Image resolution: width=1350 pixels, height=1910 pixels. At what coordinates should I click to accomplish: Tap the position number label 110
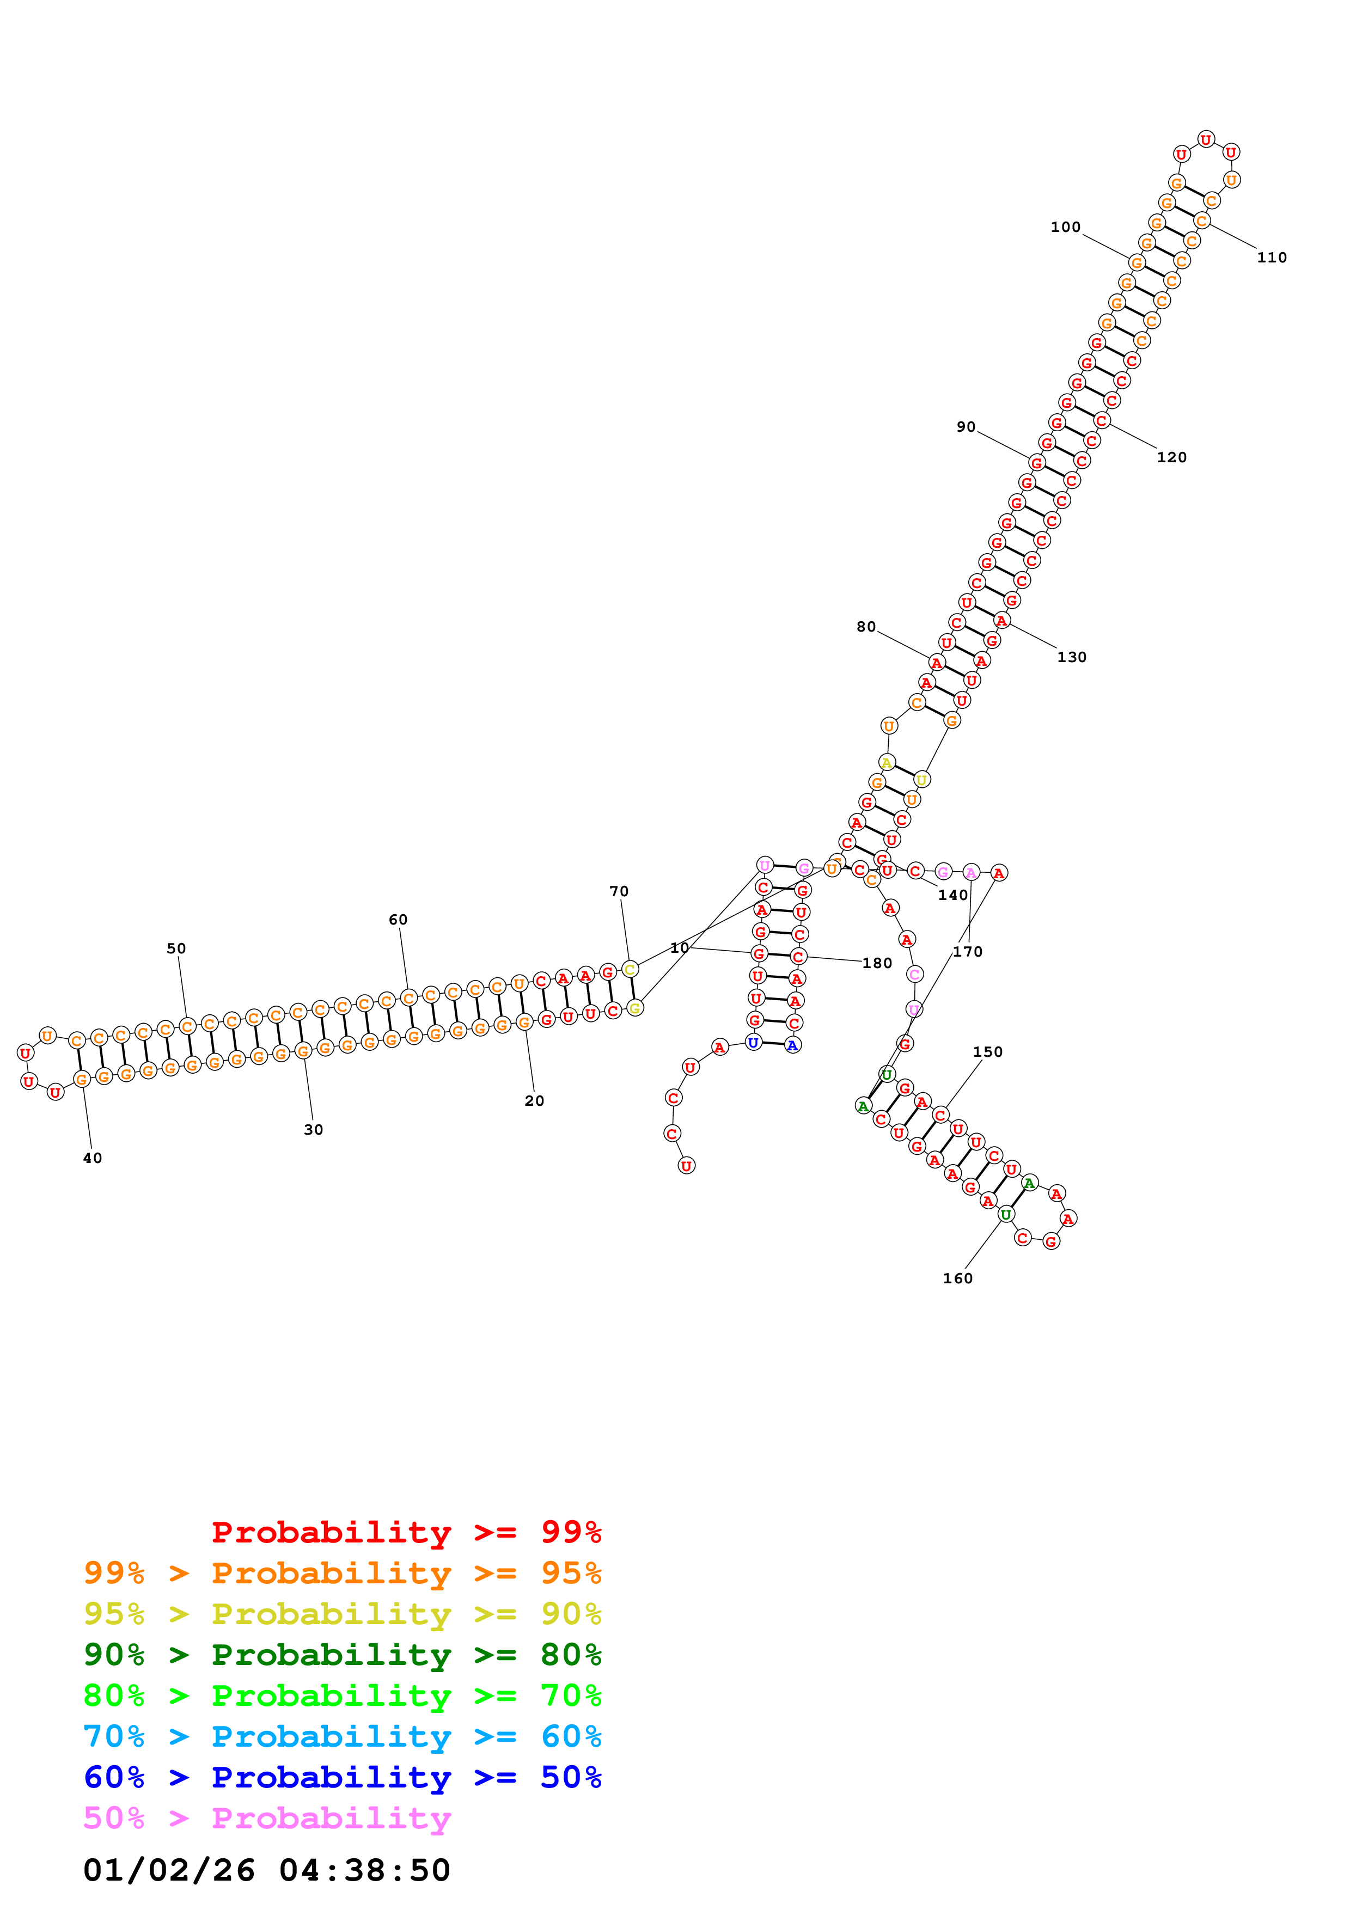pos(1271,258)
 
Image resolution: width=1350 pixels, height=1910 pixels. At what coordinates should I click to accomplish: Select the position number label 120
pos(1171,457)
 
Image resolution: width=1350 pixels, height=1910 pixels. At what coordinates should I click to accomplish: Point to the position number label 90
pos(965,427)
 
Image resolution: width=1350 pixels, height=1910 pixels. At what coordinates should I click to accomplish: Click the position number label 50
pos(176,948)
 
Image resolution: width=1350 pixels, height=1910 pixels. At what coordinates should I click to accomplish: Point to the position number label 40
pos(93,1158)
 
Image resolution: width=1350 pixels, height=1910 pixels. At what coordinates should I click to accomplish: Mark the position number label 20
pos(534,1100)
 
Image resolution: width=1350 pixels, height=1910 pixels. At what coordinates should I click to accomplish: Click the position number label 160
pos(957,1278)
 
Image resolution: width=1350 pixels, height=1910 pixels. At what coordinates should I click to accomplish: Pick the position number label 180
pos(877,963)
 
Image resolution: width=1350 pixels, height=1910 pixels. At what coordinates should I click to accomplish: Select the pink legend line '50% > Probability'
pos(266,1819)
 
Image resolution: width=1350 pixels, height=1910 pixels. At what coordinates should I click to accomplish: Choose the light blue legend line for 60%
pos(342,1737)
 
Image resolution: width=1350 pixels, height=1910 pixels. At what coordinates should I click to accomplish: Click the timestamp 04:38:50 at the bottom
pos(364,1871)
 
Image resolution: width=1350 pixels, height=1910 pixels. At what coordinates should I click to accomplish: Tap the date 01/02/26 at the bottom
pos(169,1871)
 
